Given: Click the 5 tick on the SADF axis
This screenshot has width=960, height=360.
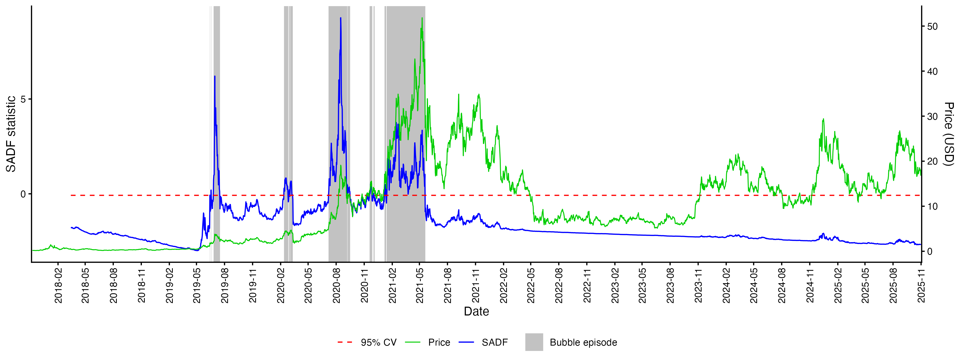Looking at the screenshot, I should (x=23, y=99).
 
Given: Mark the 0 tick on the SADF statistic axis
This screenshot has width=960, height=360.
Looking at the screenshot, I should (x=23, y=194).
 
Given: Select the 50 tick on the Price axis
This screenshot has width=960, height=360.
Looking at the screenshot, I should (x=933, y=26).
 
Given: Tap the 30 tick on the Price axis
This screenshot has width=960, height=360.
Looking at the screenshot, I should (x=933, y=117).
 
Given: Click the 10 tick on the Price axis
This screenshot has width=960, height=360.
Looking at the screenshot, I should (x=933, y=206).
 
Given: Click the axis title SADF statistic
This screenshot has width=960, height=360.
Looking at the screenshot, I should (x=11, y=134).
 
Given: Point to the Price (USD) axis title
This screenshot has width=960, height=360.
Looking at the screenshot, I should (x=949, y=134).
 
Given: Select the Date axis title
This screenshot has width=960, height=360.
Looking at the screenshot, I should (x=476, y=311).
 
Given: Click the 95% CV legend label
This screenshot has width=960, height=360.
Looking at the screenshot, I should (x=378, y=342).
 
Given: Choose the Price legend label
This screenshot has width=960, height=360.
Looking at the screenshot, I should (x=439, y=342).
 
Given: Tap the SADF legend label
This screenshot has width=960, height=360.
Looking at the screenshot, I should (x=495, y=342).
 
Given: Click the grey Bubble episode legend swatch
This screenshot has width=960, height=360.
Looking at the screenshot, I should (x=534, y=342).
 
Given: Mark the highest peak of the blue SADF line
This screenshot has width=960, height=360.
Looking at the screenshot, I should (x=340, y=18).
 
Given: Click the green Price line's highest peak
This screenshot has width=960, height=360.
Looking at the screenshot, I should (x=422, y=18).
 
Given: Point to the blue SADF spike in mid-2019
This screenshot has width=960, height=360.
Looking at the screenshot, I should (x=215, y=76).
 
